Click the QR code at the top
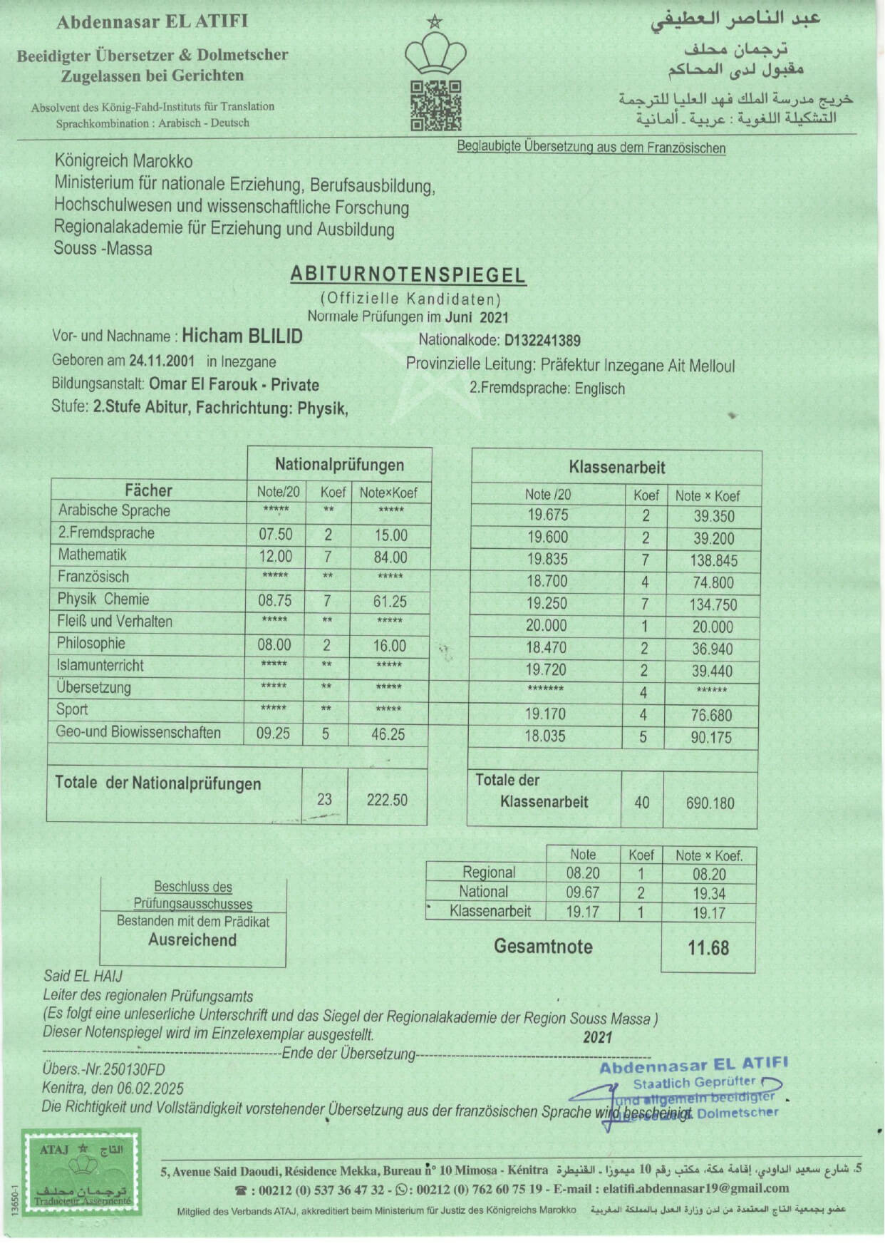tap(436, 105)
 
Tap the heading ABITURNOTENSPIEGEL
tap(408, 275)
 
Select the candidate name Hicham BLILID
tap(242, 336)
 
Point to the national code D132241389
tap(542, 341)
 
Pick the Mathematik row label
tap(93, 555)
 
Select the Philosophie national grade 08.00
tap(274, 645)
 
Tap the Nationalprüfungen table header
tap(339, 465)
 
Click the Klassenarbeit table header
tap(617, 468)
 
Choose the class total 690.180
tap(710, 803)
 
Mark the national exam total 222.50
tap(387, 800)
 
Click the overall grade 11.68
tap(708, 948)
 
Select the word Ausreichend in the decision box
tap(192, 940)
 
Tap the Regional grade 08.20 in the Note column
tap(583, 873)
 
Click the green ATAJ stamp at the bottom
tap(81, 1171)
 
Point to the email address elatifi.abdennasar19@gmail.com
tap(695, 1188)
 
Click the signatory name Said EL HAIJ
tap(83, 976)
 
